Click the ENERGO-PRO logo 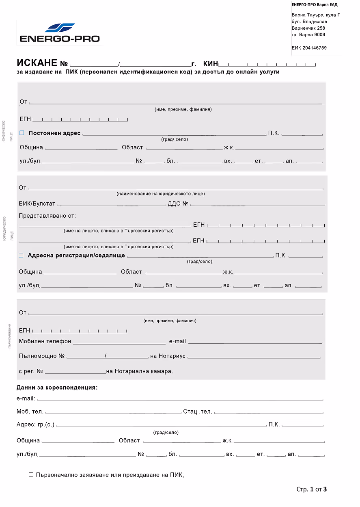60,33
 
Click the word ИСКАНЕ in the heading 37,63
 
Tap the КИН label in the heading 210,64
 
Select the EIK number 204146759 309,48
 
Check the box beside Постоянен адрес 22,133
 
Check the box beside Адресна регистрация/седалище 21,255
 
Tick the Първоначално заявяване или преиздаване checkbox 31,474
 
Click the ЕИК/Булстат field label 37,204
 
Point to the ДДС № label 178,204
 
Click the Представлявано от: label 47,216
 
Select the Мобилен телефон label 45,341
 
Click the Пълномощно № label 42,356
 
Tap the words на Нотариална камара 139,371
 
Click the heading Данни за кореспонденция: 57,388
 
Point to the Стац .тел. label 198,412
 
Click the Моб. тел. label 30,412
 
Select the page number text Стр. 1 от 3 311,489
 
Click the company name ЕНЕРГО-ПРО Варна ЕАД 315,5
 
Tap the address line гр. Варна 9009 308,35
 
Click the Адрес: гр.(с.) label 35,424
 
